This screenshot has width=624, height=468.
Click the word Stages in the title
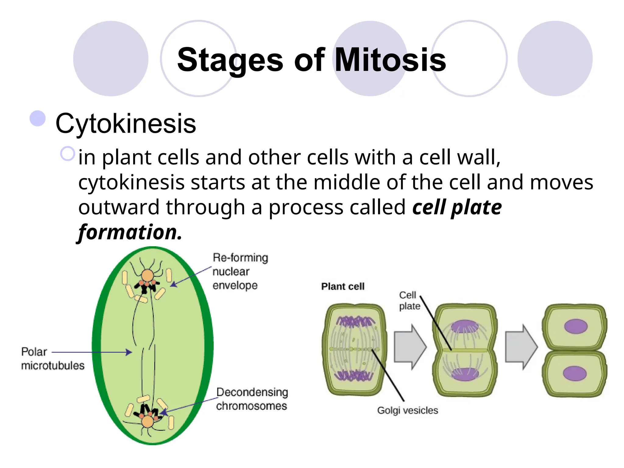pos(230,60)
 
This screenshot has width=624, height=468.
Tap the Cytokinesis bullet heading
pos(126,123)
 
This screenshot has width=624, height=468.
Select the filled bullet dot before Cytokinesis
pos(37,118)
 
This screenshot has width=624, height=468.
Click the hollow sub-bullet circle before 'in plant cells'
pos(67,154)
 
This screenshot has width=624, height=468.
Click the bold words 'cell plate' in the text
pos(457,207)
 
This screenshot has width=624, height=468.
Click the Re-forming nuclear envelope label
pos(240,271)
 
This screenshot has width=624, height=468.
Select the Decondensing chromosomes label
pos(252,399)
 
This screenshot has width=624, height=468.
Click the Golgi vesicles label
pos(407,410)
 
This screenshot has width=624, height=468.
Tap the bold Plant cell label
pos(343,286)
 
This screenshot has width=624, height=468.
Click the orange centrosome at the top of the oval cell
pos(147,275)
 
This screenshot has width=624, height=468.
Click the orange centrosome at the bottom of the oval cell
pos(148,422)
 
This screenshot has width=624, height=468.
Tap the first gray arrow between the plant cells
pos(409,347)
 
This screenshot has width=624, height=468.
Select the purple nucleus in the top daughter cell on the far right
pos(576,326)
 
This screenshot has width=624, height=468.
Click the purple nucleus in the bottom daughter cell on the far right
pos(575,374)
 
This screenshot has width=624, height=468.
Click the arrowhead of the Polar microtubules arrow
pos(129,352)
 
